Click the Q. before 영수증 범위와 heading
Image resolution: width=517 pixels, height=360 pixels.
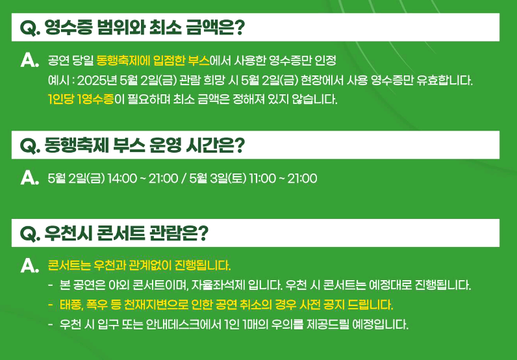[31, 27]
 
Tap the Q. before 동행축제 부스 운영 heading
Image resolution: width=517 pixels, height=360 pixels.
[31, 145]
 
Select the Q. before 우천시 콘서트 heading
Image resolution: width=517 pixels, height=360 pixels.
[31, 233]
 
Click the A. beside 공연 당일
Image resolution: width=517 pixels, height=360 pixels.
[30, 60]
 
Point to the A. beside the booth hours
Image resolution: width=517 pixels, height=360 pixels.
[30, 177]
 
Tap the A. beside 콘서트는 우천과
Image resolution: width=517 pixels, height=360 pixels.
[30, 265]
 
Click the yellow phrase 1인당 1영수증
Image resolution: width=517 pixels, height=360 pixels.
[81, 101]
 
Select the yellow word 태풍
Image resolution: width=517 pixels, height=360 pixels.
[70, 304]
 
